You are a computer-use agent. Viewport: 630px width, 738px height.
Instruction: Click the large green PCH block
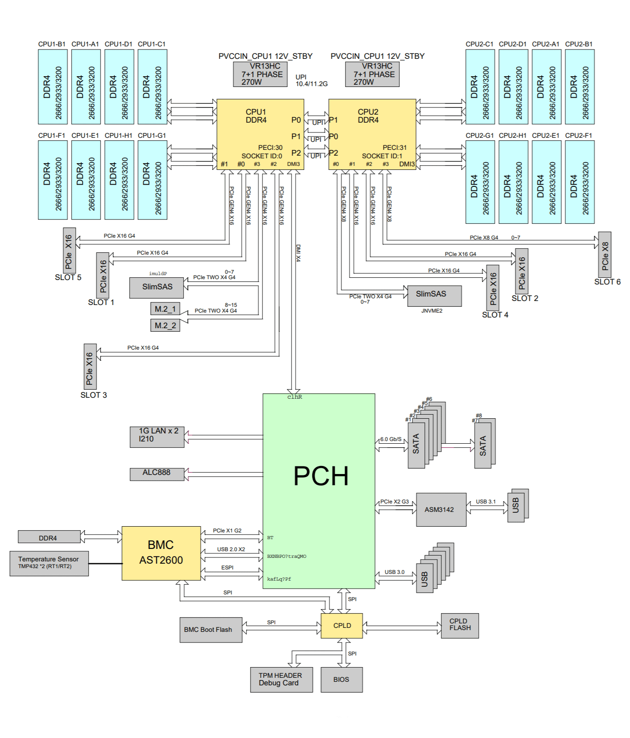(x=318, y=491)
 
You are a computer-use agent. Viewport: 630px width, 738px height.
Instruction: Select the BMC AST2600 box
(x=161, y=553)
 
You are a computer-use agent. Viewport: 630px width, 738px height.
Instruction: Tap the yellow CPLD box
(x=342, y=626)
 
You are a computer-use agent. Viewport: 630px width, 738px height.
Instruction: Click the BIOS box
(x=341, y=680)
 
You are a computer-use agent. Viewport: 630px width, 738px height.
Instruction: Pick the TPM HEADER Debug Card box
(x=281, y=680)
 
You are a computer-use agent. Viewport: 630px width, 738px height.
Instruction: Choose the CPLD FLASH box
(x=460, y=625)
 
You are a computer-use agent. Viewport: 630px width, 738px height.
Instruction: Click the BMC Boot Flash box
(x=210, y=630)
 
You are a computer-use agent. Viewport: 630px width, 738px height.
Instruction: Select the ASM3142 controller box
(x=441, y=510)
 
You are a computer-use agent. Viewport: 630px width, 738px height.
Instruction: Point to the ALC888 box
(x=156, y=474)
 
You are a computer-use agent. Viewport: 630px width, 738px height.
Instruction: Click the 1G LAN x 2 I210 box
(x=156, y=437)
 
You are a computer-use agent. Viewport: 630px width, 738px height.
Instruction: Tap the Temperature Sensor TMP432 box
(x=49, y=563)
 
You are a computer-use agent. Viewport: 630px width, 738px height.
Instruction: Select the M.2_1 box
(x=165, y=309)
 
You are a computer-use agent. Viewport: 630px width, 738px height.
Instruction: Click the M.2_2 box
(x=165, y=326)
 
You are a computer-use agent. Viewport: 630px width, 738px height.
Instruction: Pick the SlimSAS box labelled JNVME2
(x=434, y=296)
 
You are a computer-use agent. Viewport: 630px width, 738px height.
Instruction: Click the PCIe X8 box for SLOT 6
(x=604, y=255)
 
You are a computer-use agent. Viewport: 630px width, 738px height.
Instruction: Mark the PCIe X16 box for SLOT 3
(x=90, y=367)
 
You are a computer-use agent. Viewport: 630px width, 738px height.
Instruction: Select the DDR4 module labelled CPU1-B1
(x=53, y=87)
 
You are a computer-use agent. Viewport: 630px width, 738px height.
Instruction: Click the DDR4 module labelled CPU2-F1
(x=579, y=182)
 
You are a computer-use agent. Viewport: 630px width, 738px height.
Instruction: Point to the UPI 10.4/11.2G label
(x=311, y=80)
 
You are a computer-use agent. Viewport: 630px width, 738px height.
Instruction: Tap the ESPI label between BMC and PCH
(x=227, y=568)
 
